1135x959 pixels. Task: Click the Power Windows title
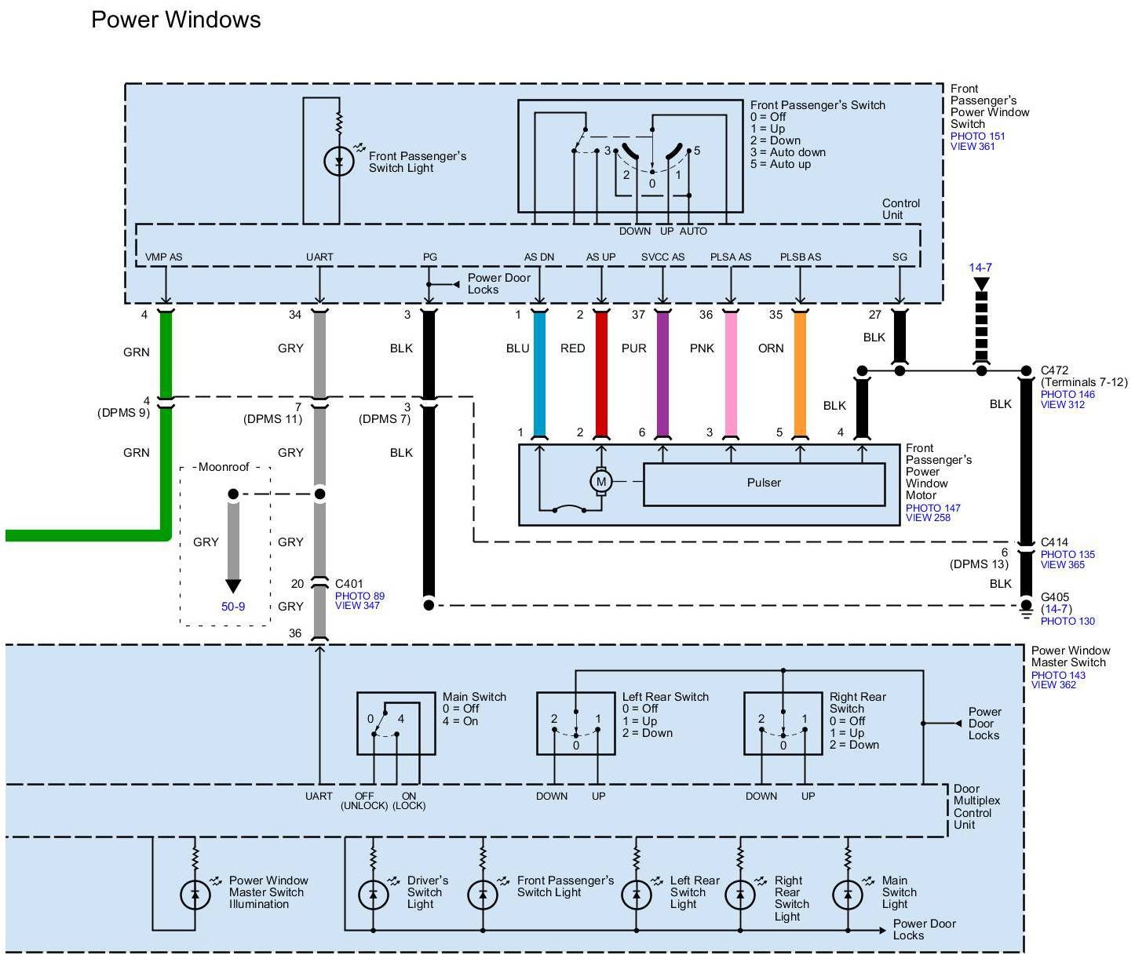176,20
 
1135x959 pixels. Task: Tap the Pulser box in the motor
764,483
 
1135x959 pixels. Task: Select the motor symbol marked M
601,482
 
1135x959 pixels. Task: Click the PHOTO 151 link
977,136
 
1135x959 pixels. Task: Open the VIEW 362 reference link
1053,685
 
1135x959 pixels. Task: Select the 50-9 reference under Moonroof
233,607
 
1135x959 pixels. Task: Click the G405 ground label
1055,597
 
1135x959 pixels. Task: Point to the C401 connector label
349,584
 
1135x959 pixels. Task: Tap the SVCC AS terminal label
662,257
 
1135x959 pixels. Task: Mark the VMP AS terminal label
163,257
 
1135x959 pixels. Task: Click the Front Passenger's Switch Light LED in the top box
339,162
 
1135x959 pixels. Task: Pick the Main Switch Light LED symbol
848,894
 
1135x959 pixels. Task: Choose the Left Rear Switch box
575,723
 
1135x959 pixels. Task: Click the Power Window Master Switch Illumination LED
195,894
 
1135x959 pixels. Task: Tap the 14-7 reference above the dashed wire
980,268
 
